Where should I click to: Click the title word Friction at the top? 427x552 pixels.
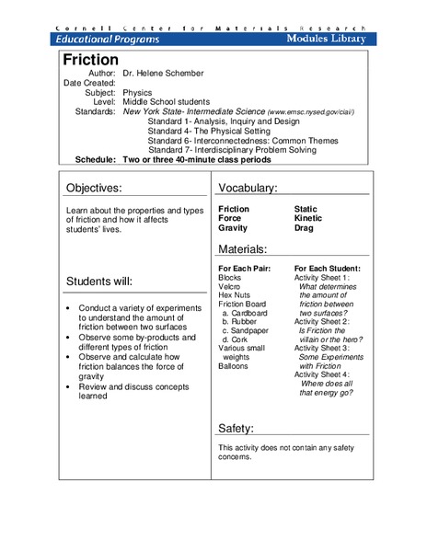coord(90,60)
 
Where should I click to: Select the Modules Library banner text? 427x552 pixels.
coord(325,39)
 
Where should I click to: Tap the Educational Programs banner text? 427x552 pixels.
coord(108,39)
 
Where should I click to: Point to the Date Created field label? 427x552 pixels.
coord(89,83)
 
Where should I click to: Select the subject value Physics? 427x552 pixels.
coord(138,93)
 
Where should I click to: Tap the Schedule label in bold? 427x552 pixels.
coord(96,158)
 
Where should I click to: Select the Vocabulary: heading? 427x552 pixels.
coord(248,189)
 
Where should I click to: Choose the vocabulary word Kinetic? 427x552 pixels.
coord(308,218)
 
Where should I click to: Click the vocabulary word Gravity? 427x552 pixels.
coord(234,228)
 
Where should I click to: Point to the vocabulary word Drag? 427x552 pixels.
coord(305,228)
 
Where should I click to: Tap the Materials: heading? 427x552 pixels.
coord(243,249)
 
